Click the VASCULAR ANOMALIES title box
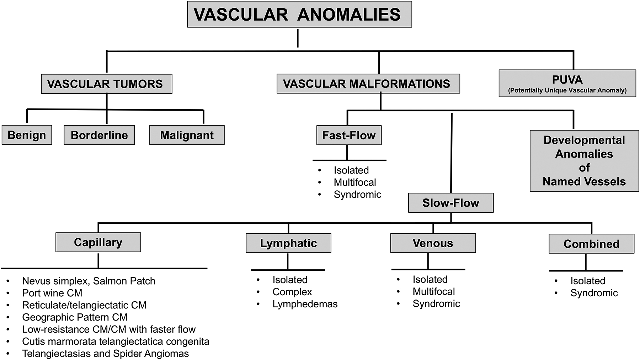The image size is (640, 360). (x=299, y=15)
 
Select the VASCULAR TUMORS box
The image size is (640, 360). (x=106, y=84)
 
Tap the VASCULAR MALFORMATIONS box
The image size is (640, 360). (x=368, y=84)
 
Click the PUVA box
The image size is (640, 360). (x=567, y=84)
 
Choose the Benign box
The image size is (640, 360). (x=27, y=135)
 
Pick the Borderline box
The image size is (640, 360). (x=99, y=135)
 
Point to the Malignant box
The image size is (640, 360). (x=187, y=135)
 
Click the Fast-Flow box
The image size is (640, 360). (x=349, y=135)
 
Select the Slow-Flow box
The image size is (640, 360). (x=450, y=203)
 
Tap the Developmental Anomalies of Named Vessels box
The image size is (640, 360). (x=584, y=161)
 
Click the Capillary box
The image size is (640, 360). (x=98, y=242)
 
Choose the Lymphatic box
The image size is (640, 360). (x=288, y=243)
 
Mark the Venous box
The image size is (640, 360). (x=433, y=243)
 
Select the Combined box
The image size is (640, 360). (x=591, y=244)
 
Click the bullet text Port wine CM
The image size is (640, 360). (x=52, y=293)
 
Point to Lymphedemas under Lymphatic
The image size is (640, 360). (x=305, y=304)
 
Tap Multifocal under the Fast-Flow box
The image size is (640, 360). (x=354, y=182)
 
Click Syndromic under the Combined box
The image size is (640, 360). (x=594, y=293)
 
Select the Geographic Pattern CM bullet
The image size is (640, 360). (x=75, y=317)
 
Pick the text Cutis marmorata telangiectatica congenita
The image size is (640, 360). (x=116, y=342)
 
